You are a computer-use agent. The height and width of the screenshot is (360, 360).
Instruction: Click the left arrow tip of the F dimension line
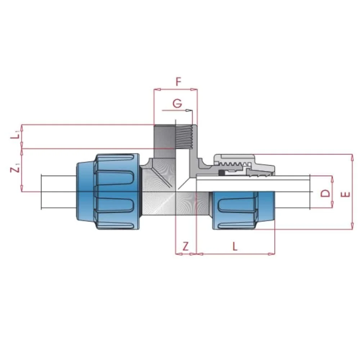tap(154, 89)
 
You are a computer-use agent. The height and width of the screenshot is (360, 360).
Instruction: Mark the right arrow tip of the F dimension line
tap(197, 89)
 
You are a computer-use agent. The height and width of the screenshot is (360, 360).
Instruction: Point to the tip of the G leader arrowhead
tap(192, 111)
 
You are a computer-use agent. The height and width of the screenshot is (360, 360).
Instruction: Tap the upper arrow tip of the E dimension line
tap(352, 154)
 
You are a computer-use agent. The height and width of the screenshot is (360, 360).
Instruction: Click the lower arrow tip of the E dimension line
tap(352, 229)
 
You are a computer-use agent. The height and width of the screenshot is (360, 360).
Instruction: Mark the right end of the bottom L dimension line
tap(275, 254)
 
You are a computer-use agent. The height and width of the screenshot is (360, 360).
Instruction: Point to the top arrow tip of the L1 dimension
tap(22, 125)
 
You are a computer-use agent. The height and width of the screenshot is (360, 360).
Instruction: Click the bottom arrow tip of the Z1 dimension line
tap(22, 192)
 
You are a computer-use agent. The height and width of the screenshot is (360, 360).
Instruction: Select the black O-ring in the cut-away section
tap(222, 173)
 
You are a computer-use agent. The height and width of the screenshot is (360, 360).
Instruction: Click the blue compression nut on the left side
tap(108, 192)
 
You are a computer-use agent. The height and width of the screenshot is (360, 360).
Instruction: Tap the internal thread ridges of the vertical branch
tap(184, 137)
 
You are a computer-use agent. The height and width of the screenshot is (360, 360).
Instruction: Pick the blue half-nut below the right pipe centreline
tap(244, 210)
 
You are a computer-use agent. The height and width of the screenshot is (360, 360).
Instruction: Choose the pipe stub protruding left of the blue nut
tap(59, 192)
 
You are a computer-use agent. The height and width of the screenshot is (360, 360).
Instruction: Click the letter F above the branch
tap(179, 81)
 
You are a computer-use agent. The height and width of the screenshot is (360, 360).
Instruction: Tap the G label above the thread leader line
tap(177, 104)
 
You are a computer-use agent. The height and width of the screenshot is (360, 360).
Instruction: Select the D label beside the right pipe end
tap(325, 193)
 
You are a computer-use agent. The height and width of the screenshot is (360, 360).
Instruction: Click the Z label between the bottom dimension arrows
tap(185, 246)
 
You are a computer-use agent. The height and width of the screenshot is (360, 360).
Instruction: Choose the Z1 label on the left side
tap(15, 170)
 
